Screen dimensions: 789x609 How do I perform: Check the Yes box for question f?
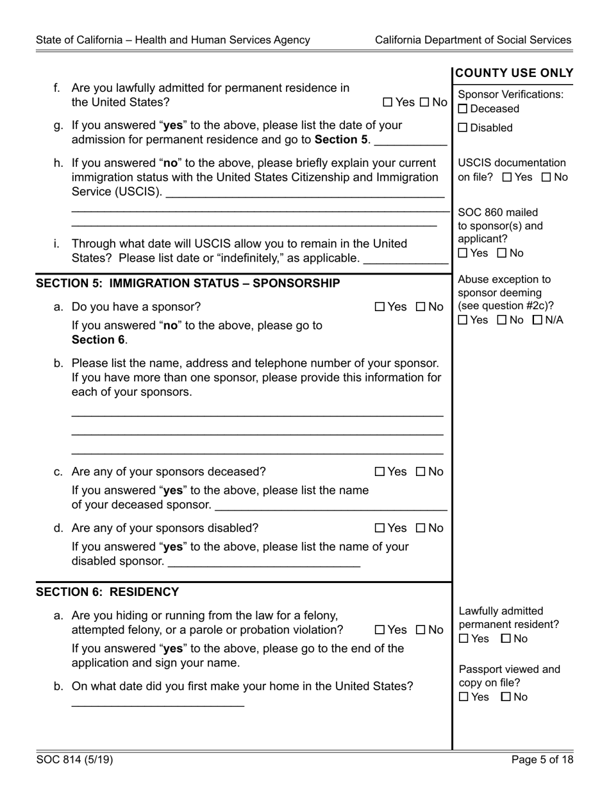point(388,102)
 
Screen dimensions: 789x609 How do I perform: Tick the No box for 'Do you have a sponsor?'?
point(421,307)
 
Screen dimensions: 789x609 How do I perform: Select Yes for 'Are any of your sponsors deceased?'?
point(380,472)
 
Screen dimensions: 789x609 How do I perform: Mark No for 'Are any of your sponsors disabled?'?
point(421,529)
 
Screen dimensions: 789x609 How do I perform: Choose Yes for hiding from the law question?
point(380,631)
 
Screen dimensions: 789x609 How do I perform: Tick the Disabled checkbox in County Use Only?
point(463,128)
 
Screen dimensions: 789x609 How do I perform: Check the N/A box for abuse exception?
point(537,320)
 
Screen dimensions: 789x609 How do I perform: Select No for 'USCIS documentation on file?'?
point(547,178)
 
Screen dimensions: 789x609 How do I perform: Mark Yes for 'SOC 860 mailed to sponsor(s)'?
point(463,253)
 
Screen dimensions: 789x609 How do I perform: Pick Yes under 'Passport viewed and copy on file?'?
point(463,697)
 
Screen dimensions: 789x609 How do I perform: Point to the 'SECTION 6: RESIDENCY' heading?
point(108,592)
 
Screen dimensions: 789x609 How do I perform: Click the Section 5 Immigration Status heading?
point(188,284)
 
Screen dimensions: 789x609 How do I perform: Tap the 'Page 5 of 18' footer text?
point(542,760)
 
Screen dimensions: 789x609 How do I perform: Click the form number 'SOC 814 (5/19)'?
point(74,760)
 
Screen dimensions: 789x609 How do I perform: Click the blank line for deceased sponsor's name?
point(331,507)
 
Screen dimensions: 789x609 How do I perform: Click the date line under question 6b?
point(158,704)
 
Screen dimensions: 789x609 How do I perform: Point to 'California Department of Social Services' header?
point(473,40)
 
